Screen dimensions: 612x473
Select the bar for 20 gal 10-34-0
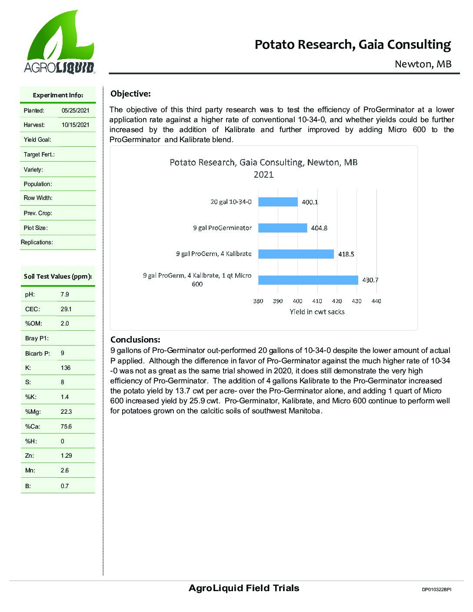click(278, 202)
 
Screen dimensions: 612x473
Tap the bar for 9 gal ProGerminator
click(283, 228)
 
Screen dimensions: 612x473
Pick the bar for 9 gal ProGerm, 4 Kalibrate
click(296, 254)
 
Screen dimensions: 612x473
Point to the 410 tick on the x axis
click(317, 301)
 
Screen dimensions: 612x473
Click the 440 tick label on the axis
click(376, 301)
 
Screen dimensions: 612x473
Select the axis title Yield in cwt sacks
click(317, 312)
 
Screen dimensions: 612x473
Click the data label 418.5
click(346, 254)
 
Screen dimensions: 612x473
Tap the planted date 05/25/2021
click(75, 110)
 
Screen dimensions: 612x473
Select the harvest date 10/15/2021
click(75, 125)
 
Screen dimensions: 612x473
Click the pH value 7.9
click(65, 294)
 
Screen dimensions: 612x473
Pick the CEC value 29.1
click(66, 309)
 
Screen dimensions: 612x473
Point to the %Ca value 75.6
click(66, 426)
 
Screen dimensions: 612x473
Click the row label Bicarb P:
click(37, 353)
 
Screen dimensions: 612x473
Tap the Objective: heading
click(130, 94)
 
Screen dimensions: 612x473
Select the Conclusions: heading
click(135, 339)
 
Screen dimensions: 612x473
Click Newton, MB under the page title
click(423, 64)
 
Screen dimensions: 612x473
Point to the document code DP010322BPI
click(436, 590)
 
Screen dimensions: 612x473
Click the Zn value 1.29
click(66, 456)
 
